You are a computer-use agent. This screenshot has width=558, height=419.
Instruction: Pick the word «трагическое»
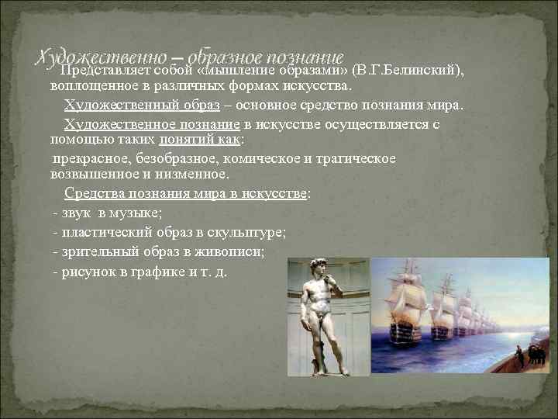tap(356, 158)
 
